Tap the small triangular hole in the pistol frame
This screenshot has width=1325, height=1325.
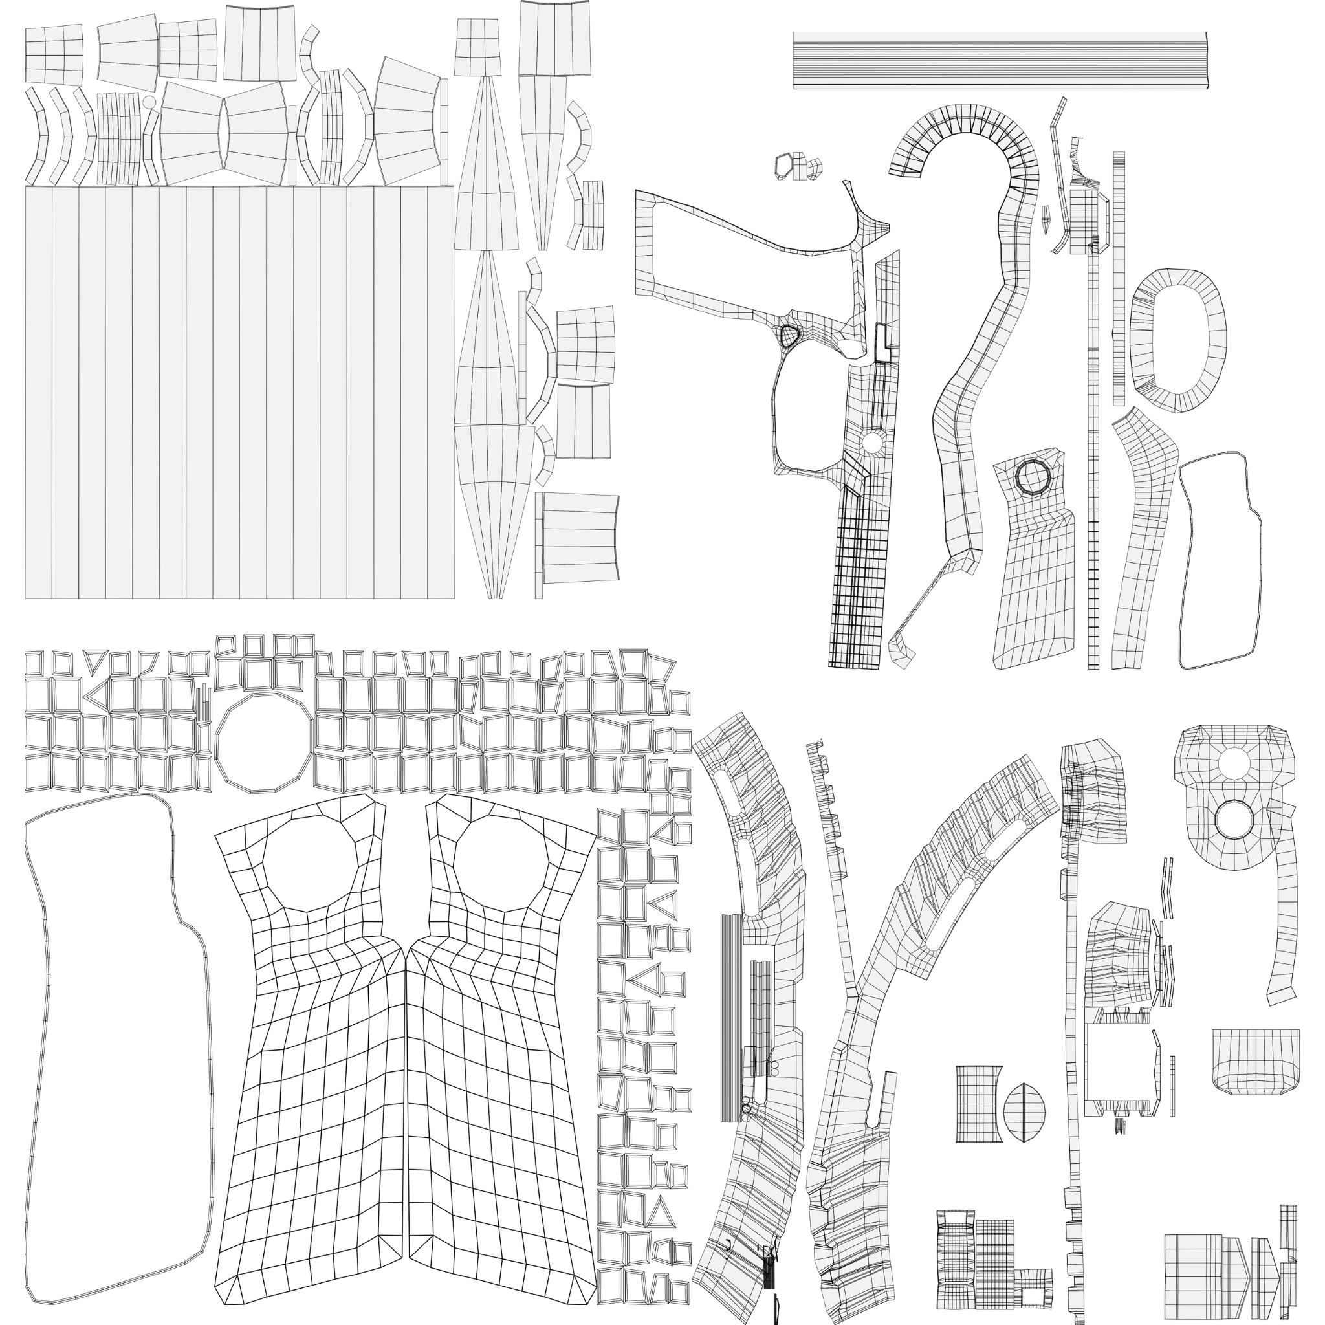point(789,336)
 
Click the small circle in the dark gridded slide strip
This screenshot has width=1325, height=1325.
point(871,442)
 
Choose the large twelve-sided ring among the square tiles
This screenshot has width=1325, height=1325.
point(265,743)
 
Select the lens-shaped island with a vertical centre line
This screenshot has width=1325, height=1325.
point(1024,1112)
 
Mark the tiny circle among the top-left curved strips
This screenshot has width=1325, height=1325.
point(149,102)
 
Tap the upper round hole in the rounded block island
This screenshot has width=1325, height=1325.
point(1234,761)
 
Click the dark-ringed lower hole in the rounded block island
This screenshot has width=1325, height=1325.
point(1234,818)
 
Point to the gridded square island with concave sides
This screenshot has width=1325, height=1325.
point(979,1104)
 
